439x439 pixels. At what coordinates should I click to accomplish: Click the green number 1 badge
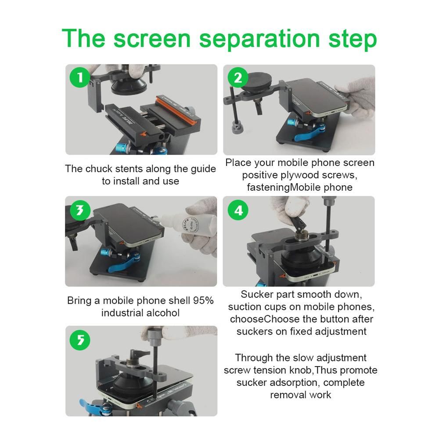pos(80,77)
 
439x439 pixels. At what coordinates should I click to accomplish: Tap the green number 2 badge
pos(238,77)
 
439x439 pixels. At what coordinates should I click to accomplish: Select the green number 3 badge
pos(80,210)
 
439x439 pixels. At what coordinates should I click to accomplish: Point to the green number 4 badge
pos(238,210)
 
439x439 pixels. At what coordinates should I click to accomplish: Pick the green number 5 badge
pos(80,340)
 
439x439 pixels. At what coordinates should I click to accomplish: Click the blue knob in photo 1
pos(122,147)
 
